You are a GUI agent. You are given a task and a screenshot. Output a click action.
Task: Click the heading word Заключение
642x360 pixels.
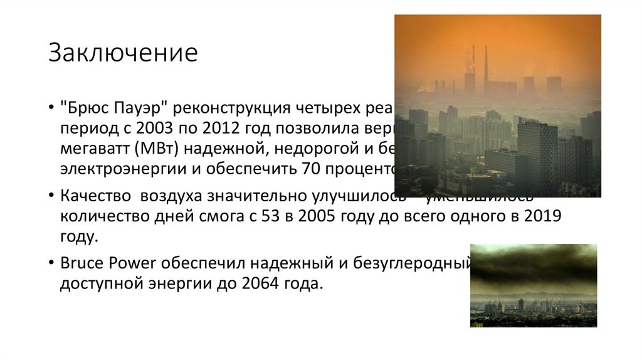(123, 54)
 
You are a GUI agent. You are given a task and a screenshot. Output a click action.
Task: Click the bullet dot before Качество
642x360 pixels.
(50, 196)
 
